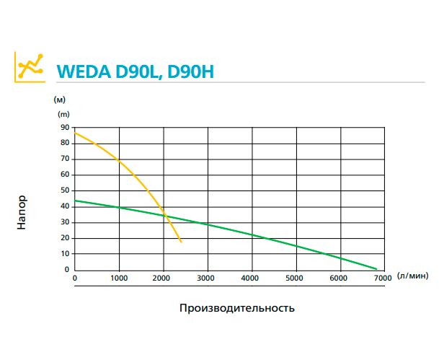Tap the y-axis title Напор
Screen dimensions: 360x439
pos(22,214)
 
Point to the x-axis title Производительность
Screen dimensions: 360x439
pos(236,307)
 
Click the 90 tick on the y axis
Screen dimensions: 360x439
pos(66,127)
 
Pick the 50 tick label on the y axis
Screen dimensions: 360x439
pos(66,190)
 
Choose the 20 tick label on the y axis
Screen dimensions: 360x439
pos(66,238)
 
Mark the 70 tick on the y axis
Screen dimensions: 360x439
pos(66,159)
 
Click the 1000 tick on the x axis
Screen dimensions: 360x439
pos(119,277)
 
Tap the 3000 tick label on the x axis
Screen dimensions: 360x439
pos(207,277)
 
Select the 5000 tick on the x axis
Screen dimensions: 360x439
pos(295,277)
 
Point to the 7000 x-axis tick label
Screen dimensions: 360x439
pos(383,277)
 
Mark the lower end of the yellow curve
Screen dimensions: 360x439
pos(181,242)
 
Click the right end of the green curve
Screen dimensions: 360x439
pos(376,268)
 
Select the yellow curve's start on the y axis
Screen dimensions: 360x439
pos(75,132)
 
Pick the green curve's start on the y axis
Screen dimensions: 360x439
pos(75,201)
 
